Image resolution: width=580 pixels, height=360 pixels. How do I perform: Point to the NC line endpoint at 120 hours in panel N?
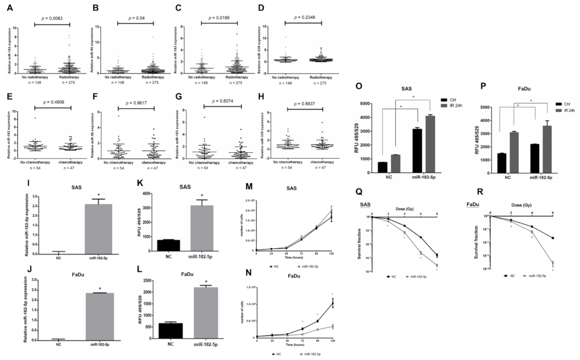(x=332, y=303)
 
